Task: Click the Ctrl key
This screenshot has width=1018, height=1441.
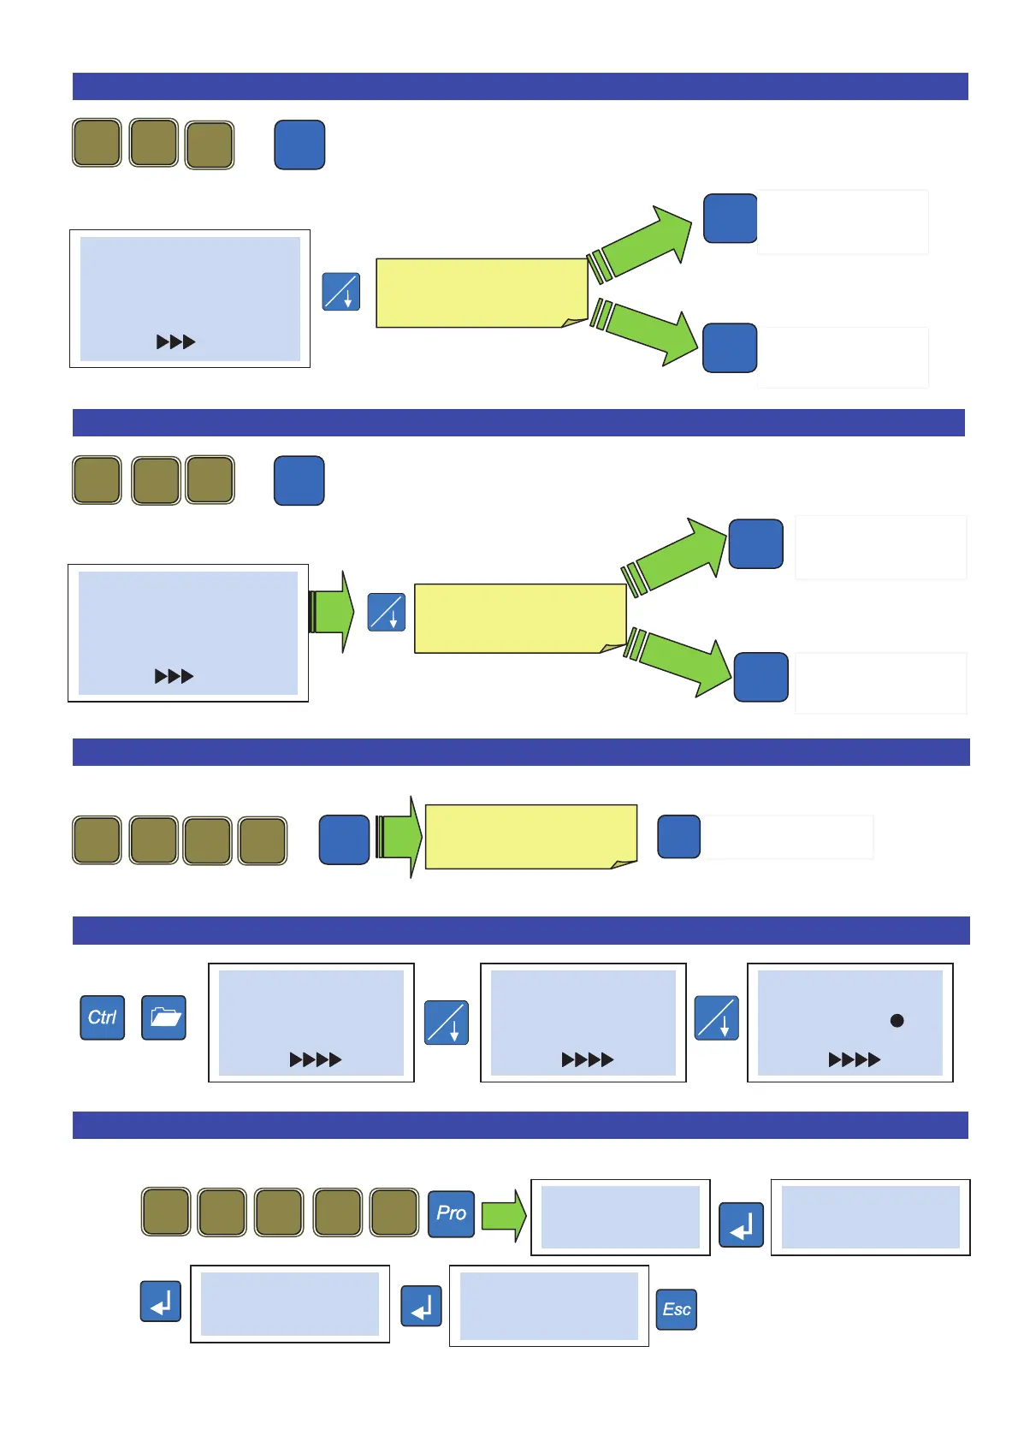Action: (103, 1017)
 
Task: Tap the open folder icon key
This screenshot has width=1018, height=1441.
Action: (163, 1017)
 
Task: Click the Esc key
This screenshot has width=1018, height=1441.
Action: (677, 1309)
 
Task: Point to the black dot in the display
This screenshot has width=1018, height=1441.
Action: (897, 1020)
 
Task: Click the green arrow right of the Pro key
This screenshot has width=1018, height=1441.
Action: (503, 1215)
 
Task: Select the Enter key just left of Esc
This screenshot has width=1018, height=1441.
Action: (422, 1306)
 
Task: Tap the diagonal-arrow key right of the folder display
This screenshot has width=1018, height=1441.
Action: (447, 1023)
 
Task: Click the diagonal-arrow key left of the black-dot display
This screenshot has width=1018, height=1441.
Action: (717, 1017)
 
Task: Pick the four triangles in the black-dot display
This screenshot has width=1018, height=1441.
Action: (854, 1060)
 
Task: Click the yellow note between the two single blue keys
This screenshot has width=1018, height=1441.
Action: (530, 837)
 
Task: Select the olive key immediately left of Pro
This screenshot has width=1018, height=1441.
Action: (394, 1212)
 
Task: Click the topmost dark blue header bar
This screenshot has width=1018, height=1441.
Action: (520, 86)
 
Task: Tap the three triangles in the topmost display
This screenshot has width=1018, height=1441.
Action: (175, 342)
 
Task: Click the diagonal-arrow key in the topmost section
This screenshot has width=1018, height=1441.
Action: (341, 292)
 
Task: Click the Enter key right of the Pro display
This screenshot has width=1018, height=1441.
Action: (741, 1225)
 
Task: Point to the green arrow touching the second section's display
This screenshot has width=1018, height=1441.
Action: (331, 612)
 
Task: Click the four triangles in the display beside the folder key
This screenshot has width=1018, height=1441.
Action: (315, 1060)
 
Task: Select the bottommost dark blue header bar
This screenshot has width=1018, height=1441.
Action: (520, 1125)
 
